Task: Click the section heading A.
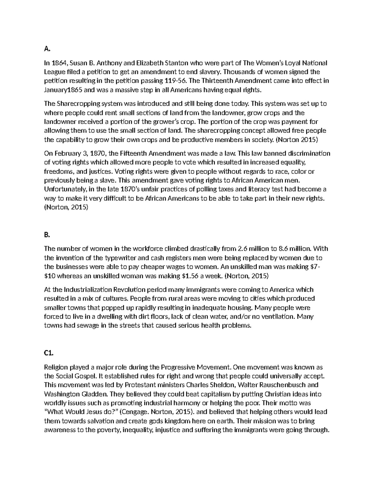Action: pyautogui.click(x=47, y=49)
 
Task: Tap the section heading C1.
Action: pyautogui.click(x=49, y=353)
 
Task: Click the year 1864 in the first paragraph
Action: pyautogui.click(x=58, y=63)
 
